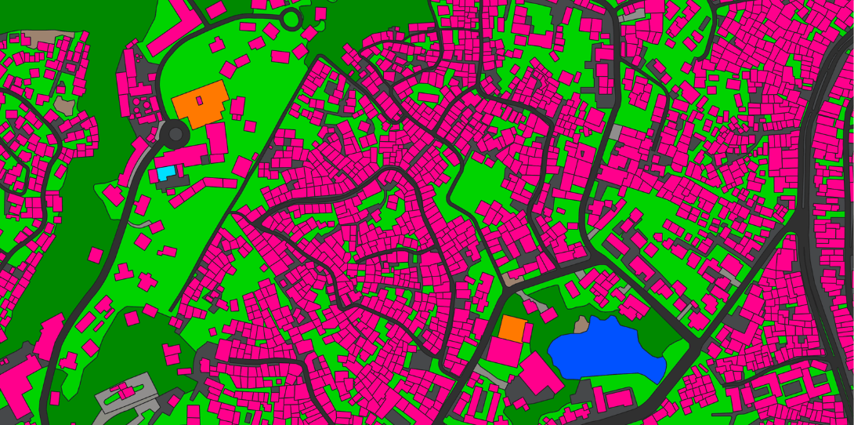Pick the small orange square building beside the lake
coord(512,327)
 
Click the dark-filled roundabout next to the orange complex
coord(174,134)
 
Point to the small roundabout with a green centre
coord(291,19)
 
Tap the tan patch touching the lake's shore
coord(581,325)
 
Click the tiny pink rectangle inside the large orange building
coord(199,100)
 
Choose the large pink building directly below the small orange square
coord(503,351)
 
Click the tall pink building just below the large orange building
coord(216,138)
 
